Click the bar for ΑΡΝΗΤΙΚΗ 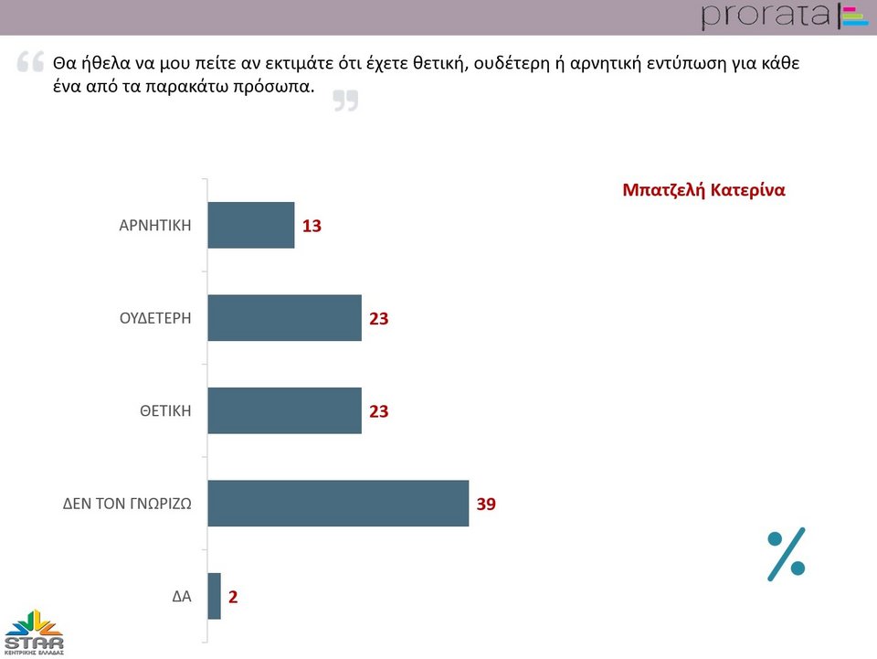pyautogui.click(x=251, y=225)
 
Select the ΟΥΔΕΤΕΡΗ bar pyautogui.click(x=284, y=318)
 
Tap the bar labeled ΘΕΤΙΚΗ pyautogui.click(x=284, y=410)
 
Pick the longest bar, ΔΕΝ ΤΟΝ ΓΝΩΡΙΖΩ pyautogui.click(x=338, y=503)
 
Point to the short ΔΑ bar pyautogui.click(x=215, y=596)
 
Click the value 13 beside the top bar pyautogui.click(x=312, y=226)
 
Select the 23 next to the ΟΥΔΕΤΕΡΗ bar pyautogui.click(x=379, y=319)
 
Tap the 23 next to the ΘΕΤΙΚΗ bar pyautogui.click(x=379, y=411)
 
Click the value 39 pyautogui.click(x=486, y=504)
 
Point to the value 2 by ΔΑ pyautogui.click(x=233, y=597)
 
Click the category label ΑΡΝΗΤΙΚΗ pyautogui.click(x=155, y=225)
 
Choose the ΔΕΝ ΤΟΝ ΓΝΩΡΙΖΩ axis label pyautogui.click(x=127, y=503)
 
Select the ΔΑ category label pyautogui.click(x=182, y=597)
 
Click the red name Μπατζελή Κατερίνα pyautogui.click(x=703, y=190)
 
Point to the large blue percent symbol pyautogui.click(x=786, y=553)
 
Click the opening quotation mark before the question pyautogui.click(x=30, y=63)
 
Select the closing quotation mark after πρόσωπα pyautogui.click(x=345, y=101)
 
